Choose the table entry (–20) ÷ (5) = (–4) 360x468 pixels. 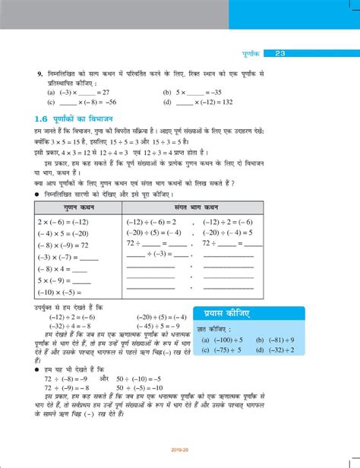(x=154, y=233)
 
